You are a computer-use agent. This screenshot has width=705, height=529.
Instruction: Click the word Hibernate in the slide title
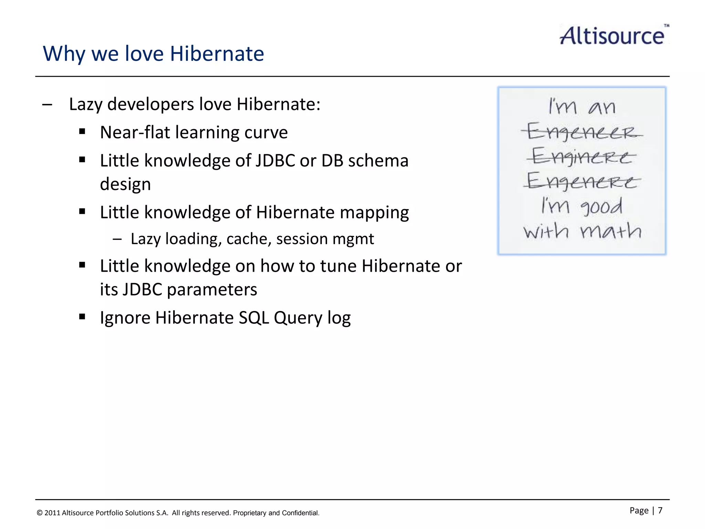pyautogui.click(x=217, y=54)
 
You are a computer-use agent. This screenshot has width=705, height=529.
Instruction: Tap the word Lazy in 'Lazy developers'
pyautogui.click(x=85, y=104)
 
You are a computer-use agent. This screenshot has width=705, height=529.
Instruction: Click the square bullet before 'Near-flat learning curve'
pyautogui.click(x=82, y=131)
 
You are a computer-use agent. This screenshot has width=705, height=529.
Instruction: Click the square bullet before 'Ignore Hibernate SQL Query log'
pyautogui.click(x=82, y=317)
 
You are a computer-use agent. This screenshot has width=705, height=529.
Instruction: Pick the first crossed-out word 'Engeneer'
pyautogui.click(x=581, y=132)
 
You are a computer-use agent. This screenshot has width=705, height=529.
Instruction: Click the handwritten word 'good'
pyautogui.click(x=601, y=207)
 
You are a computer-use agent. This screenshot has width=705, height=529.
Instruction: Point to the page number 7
pyautogui.click(x=660, y=510)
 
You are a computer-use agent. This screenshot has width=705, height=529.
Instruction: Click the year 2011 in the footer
pyautogui.click(x=52, y=513)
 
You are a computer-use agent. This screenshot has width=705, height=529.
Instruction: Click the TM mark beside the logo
pyautogui.click(x=666, y=25)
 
